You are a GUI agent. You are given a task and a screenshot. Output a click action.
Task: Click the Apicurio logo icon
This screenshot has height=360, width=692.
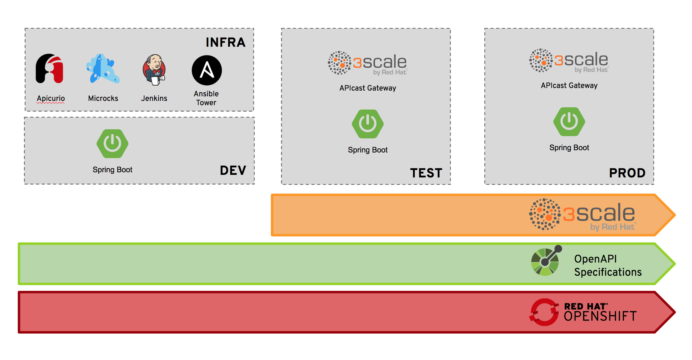(50, 69)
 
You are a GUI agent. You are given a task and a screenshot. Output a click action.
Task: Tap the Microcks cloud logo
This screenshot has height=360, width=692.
(102, 69)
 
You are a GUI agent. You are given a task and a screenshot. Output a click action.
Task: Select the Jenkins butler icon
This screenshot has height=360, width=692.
(154, 70)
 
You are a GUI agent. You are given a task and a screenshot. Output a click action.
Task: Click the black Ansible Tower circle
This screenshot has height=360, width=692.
(207, 70)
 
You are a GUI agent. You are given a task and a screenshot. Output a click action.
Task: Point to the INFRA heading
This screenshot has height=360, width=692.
(225, 42)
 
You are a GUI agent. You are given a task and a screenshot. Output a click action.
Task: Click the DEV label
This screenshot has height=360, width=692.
(233, 170)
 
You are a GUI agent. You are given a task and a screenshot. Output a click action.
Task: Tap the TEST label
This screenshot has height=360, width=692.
(426, 173)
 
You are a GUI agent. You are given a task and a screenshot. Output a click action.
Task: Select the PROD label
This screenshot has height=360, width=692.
(627, 173)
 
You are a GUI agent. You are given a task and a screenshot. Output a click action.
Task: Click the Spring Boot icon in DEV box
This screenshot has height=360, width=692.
(112, 144)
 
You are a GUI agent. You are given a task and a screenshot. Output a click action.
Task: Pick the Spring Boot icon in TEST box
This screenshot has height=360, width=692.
(367, 124)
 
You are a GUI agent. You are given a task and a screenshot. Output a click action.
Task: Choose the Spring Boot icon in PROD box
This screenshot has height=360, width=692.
(569, 122)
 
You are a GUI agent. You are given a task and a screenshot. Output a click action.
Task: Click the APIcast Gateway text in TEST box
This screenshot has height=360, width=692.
(367, 88)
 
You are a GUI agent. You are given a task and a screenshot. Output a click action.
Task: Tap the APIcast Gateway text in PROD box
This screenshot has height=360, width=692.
(569, 85)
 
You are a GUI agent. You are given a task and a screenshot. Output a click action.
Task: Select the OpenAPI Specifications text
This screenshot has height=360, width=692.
(608, 265)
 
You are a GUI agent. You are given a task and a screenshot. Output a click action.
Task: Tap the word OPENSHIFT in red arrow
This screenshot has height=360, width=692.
(600, 316)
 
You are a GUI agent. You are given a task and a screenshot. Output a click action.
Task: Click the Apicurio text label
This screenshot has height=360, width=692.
(51, 98)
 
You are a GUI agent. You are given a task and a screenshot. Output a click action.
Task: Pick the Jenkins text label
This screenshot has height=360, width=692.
(154, 98)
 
